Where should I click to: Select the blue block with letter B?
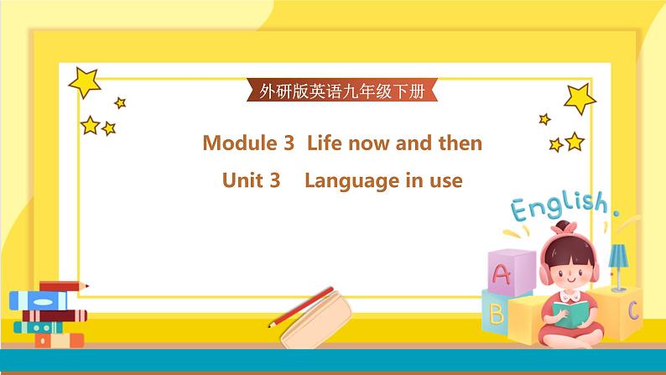point(496,313)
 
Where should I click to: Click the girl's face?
point(563,269)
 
